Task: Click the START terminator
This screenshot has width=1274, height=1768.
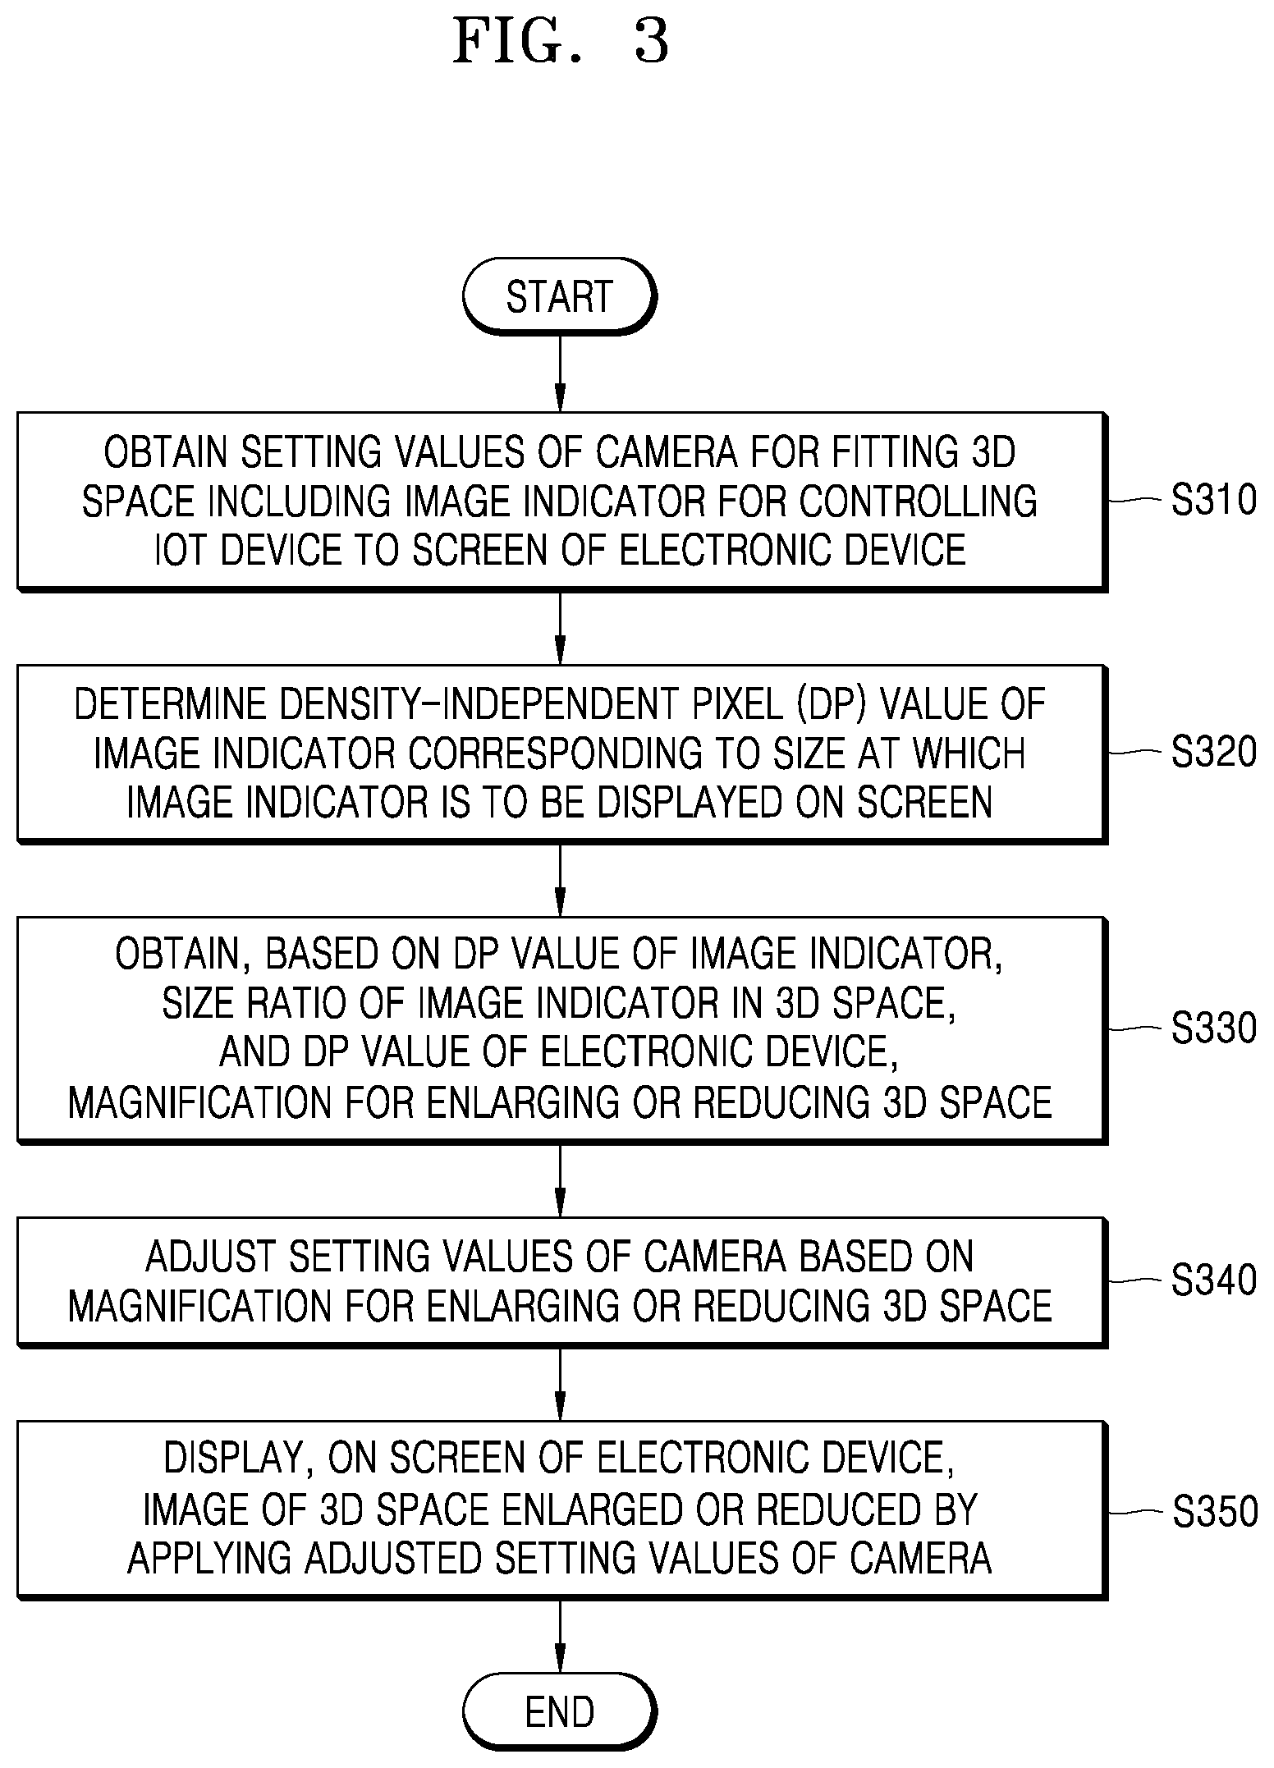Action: pos(560,295)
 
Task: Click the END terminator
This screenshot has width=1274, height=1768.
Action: pos(560,1711)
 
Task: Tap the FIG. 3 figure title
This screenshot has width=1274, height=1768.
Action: pos(561,42)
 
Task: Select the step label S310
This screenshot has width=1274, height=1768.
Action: pos(1213,500)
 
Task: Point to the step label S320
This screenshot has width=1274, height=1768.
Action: pos(1213,752)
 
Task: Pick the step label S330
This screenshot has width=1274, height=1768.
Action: pos(1213,1028)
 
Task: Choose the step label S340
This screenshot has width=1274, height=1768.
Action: pos(1213,1280)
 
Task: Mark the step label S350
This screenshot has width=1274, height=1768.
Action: pos(1214,1512)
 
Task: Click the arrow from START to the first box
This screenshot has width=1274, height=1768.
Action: pos(560,373)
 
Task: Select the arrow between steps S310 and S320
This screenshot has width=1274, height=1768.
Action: pos(560,628)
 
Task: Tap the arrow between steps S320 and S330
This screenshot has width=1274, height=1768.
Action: pos(560,880)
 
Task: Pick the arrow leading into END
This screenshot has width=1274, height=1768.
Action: pos(560,1636)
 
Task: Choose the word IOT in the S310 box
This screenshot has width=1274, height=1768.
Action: pos(181,550)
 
